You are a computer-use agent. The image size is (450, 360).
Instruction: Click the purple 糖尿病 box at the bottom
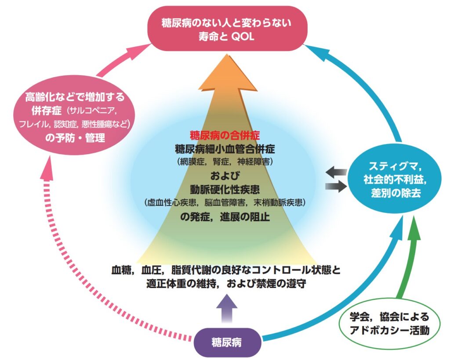[226, 342]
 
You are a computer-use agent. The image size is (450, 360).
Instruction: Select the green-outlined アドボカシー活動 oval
[388, 324]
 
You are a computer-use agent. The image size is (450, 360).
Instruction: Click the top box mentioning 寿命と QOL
[226, 29]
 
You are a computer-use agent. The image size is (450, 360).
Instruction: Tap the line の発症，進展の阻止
[225, 216]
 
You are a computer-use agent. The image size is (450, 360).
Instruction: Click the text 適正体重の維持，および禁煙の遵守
[226, 283]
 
